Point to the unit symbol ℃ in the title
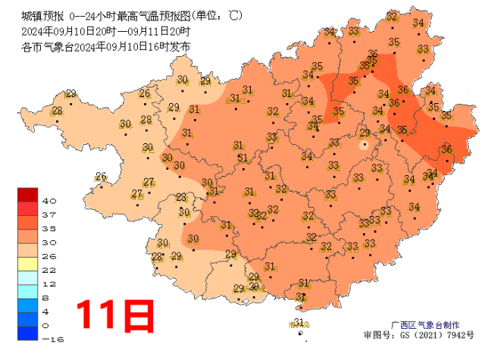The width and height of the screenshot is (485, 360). click(x=236, y=15)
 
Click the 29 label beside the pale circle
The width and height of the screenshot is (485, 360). click(x=365, y=133)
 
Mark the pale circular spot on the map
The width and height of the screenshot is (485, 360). click(x=365, y=143)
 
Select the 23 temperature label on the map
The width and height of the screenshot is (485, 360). click(x=182, y=198)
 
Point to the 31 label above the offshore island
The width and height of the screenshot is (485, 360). click(x=299, y=323)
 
